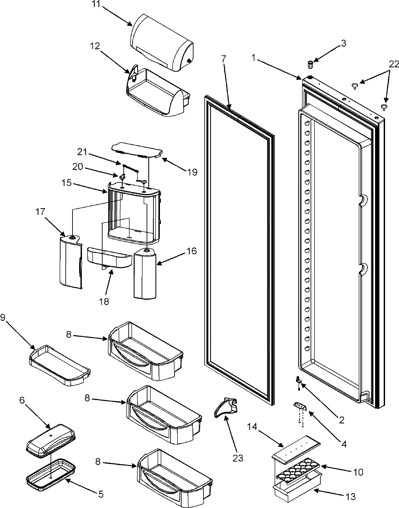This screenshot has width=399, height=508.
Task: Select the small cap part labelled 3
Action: point(311,64)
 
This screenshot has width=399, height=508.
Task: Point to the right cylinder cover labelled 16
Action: point(145,273)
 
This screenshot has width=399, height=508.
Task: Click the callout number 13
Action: point(350,497)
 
